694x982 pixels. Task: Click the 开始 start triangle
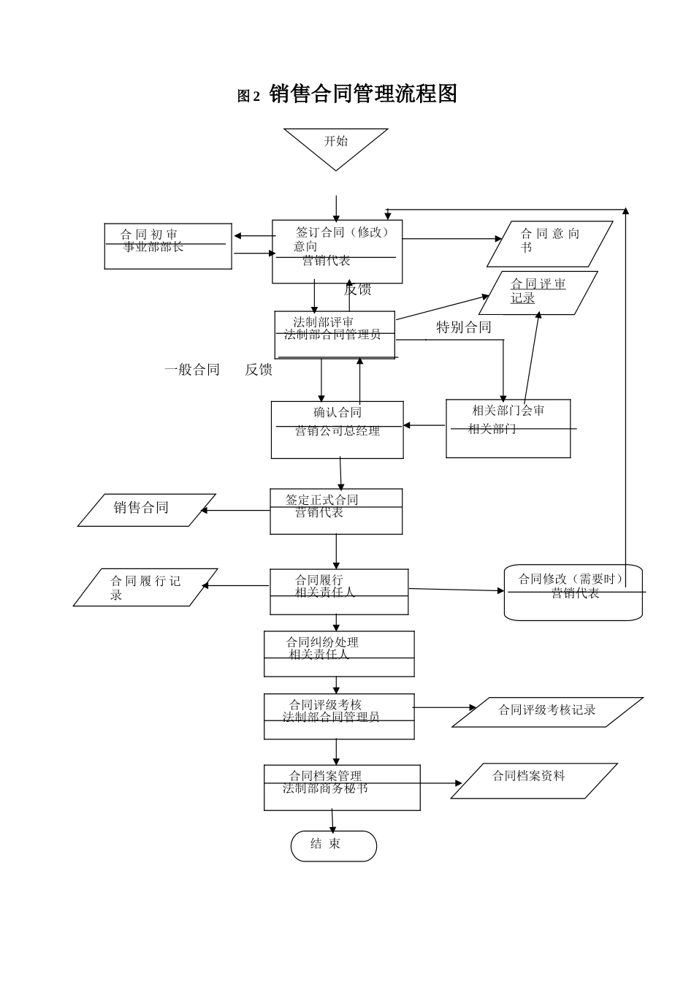(x=336, y=145)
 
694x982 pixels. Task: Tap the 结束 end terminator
(x=333, y=845)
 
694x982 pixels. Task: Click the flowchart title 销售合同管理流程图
(x=363, y=94)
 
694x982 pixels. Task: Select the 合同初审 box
(x=168, y=246)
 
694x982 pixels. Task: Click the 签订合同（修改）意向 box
(x=337, y=251)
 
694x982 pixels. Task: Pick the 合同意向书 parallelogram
(x=549, y=244)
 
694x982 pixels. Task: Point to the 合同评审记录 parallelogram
(x=542, y=292)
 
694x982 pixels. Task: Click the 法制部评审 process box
(x=335, y=335)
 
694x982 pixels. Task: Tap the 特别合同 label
(x=463, y=327)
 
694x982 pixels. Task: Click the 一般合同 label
(x=192, y=370)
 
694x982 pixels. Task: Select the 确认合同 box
(x=337, y=430)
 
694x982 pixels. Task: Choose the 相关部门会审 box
(x=508, y=428)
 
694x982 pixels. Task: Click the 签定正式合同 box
(x=336, y=511)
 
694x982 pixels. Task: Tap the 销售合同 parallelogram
(x=146, y=509)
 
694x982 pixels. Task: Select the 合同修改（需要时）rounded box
(x=573, y=593)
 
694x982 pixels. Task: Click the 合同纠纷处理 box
(x=339, y=654)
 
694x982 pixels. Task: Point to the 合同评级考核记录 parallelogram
(x=547, y=712)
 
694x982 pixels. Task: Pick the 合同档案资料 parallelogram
(x=533, y=780)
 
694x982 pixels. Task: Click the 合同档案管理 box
(x=342, y=788)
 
